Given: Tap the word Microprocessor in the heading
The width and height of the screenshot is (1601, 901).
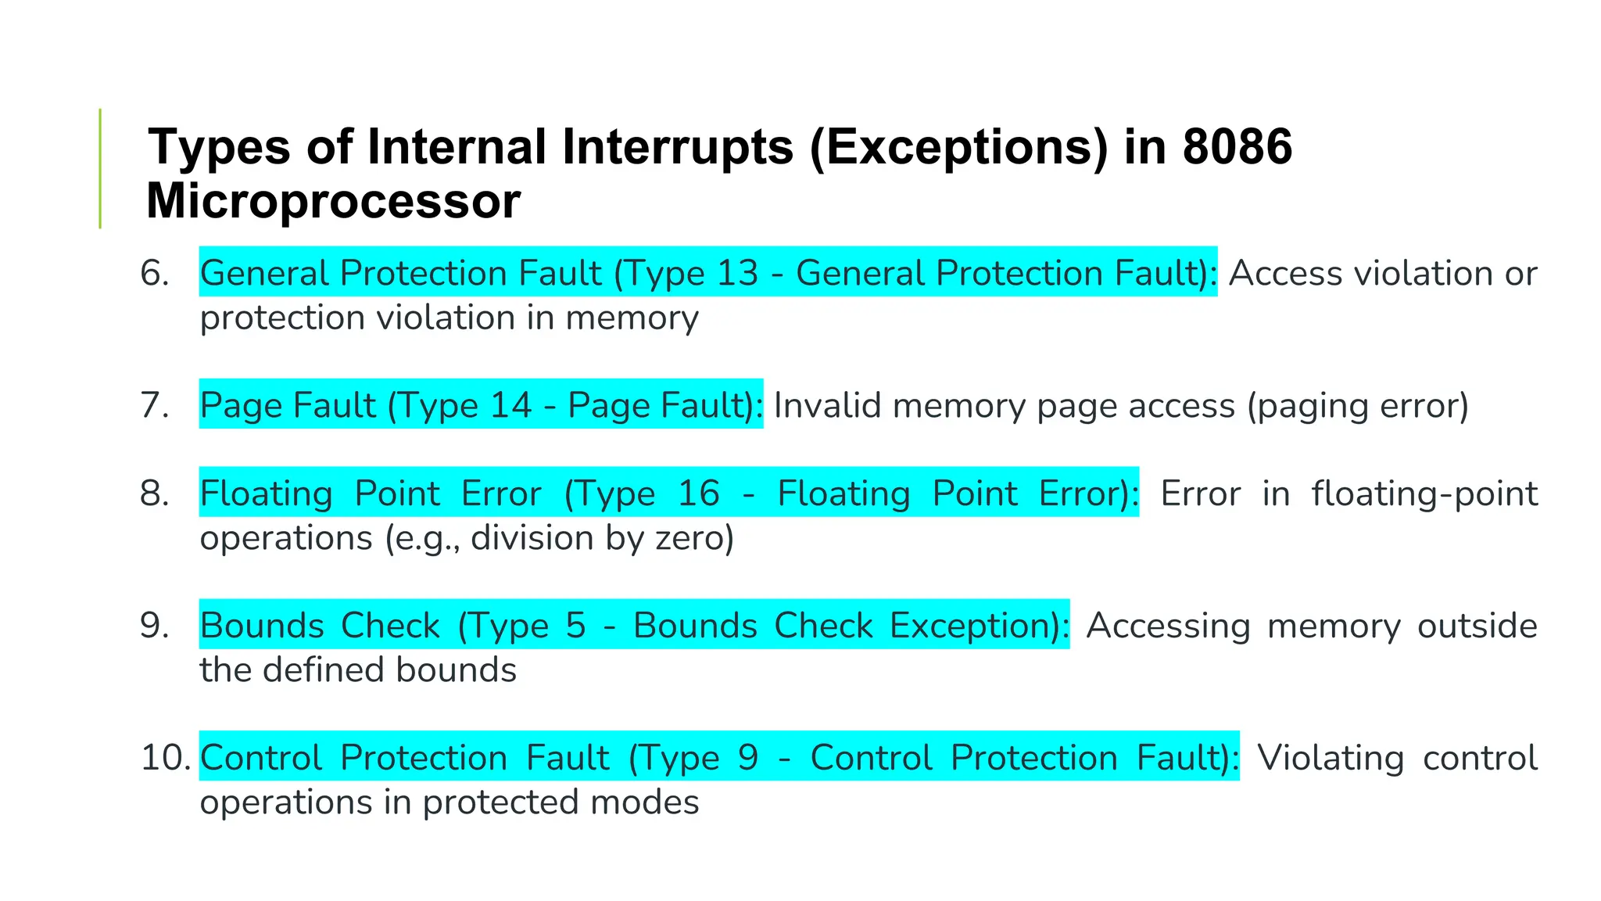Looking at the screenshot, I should pyautogui.click(x=333, y=201).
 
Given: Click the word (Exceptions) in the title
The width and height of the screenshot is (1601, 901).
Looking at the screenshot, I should pyautogui.click(x=958, y=147).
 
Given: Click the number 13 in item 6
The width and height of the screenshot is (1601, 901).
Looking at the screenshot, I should pyautogui.click(x=737, y=274).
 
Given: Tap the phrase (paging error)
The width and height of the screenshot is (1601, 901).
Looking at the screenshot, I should pyautogui.click(x=1358, y=406).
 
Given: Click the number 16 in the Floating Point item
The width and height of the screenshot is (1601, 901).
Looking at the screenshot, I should pyautogui.click(x=698, y=494).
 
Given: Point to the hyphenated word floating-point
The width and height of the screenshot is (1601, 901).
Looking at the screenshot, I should pyautogui.click(x=1424, y=494).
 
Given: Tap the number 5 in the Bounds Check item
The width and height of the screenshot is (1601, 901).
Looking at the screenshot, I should pyautogui.click(x=575, y=626).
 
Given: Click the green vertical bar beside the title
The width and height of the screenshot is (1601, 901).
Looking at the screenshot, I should pyautogui.click(x=100, y=168).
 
